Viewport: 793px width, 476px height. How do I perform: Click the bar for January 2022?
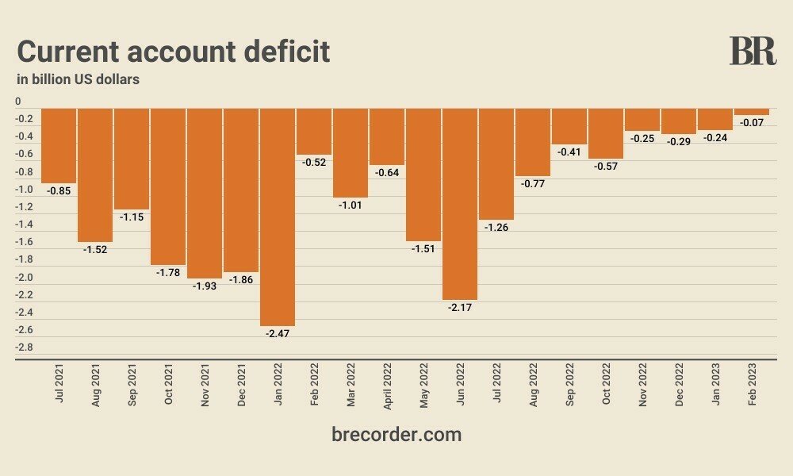pos(278,217)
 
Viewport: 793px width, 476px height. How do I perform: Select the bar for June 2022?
pos(460,203)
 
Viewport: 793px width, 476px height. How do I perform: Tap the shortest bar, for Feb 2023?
pos(751,112)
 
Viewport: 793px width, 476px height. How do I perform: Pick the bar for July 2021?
pos(59,145)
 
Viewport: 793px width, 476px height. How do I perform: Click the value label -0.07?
pos(751,123)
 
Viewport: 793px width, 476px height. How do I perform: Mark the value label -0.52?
pos(314,162)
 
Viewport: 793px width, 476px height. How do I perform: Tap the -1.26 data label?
pos(496,227)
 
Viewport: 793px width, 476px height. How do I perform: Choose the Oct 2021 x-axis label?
pos(169,386)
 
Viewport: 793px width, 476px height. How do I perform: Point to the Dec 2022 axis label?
pos(679,386)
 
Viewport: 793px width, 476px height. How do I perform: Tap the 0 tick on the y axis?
pos(18,102)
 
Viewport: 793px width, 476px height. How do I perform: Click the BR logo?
pos(753,52)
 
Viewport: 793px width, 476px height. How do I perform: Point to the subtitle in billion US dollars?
pos(79,79)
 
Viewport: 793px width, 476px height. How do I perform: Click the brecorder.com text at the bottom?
pos(396,434)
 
